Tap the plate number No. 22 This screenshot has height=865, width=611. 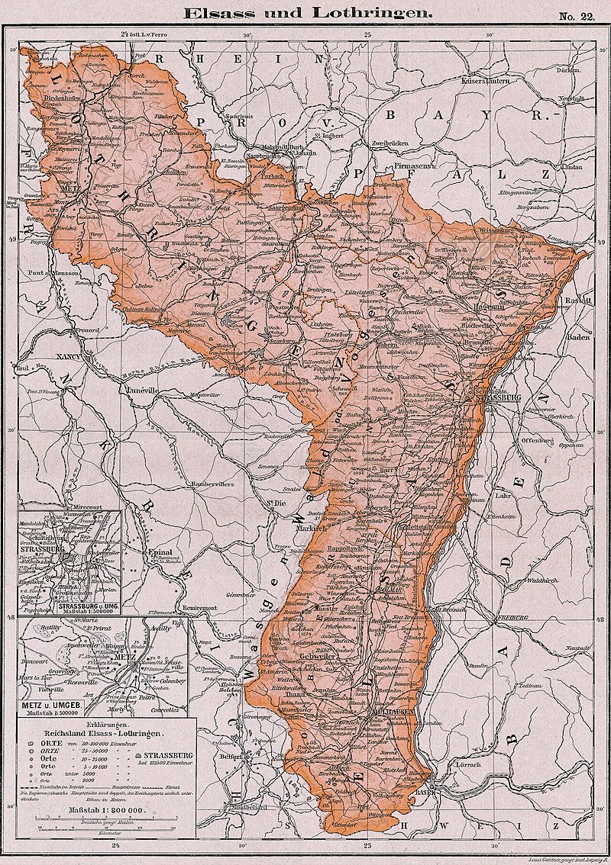click(576, 16)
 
